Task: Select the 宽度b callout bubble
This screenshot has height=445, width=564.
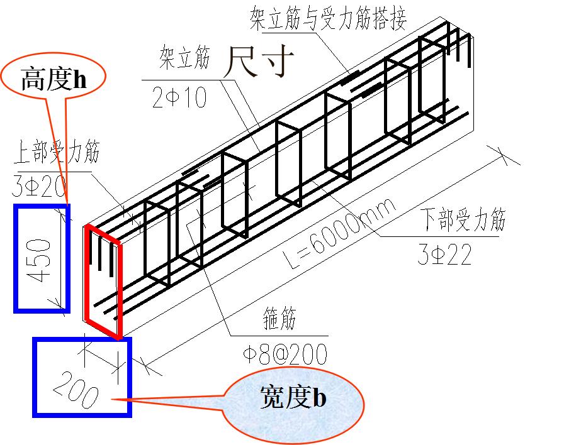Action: [293, 398]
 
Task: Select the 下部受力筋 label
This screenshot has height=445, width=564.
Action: [462, 219]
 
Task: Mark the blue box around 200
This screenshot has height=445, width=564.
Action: [36, 377]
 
